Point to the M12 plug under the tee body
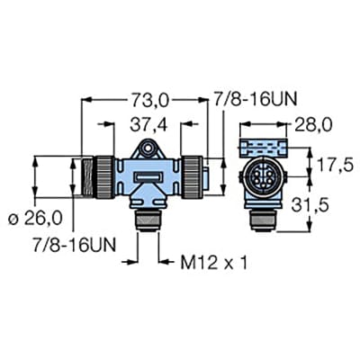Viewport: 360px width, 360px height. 147,219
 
